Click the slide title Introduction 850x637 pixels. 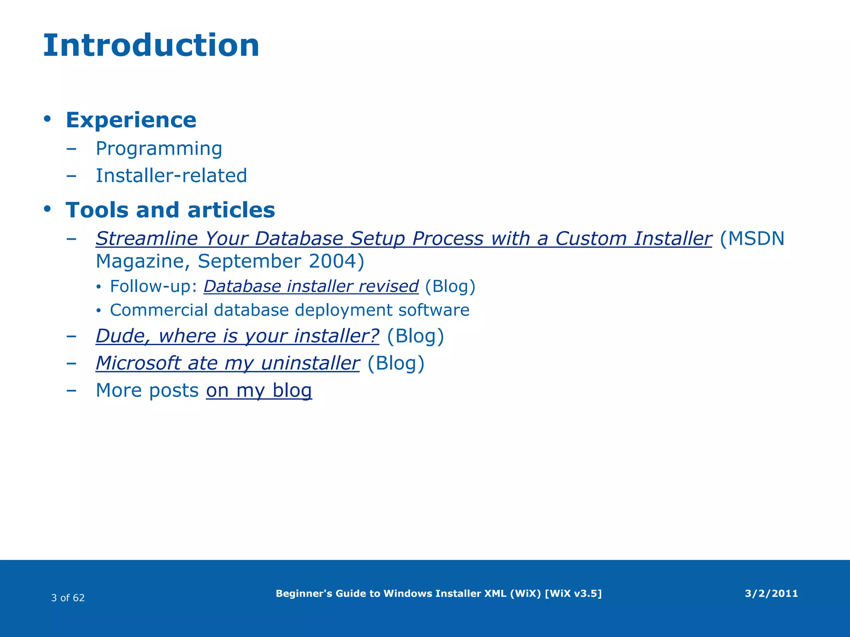click(x=151, y=46)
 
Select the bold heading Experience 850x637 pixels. click(x=131, y=120)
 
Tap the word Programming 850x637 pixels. click(x=159, y=148)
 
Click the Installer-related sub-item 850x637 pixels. click(x=171, y=175)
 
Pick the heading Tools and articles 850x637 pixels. click(x=170, y=210)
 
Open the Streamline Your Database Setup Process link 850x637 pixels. click(x=403, y=239)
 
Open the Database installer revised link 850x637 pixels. click(x=311, y=287)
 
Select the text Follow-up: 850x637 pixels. click(x=153, y=287)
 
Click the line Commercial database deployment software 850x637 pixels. click(x=289, y=310)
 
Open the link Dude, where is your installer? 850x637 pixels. click(x=237, y=336)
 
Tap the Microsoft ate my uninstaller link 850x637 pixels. click(x=227, y=363)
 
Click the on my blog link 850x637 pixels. click(x=259, y=391)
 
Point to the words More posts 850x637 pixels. click(x=147, y=391)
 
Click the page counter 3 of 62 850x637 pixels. click(x=68, y=598)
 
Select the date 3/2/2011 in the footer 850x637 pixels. click(x=771, y=593)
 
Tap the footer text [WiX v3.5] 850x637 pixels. click(x=573, y=593)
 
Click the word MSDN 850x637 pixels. click(x=756, y=239)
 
